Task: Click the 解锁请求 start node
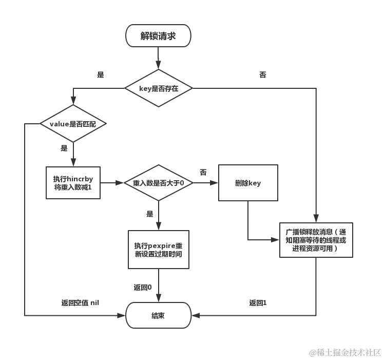click(x=158, y=36)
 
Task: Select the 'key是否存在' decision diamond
click(x=158, y=88)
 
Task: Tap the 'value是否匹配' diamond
click(x=72, y=124)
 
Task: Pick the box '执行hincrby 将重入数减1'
click(x=72, y=183)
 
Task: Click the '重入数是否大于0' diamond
click(x=158, y=183)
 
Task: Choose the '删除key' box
click(x=248, y=183)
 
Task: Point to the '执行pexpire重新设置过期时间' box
click(x=158, y=250)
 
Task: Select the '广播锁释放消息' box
click(x=316, y=240)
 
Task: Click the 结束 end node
click(x=158, y=315)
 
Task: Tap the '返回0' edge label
click(x=142, y=288)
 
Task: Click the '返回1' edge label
click(x=258, y=303)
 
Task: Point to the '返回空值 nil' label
click(x=80, y=303)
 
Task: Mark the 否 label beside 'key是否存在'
click(x=263, y=75)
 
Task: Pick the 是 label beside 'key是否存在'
click(x=101, y=75)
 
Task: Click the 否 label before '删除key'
click(x=203, y=173)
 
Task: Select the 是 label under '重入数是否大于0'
click(x=150, y=214)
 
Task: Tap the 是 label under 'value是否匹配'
click(x=64, y=148)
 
